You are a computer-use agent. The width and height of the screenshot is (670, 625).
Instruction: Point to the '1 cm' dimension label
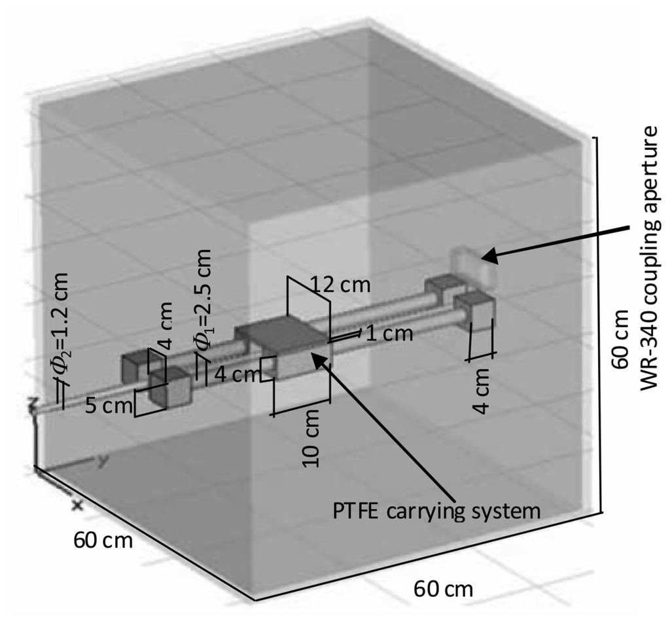pyautogui.click(x=389, y=333)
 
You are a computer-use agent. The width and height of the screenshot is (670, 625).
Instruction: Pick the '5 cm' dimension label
pyautogui.click(x=109, y=405)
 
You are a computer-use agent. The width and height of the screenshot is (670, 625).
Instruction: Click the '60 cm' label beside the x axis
pyautogui.click(x=103, y=541)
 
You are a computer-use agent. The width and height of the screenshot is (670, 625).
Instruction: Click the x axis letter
pyautogui.click(x=77, y=505)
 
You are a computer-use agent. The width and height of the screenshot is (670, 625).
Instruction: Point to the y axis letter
pyautogui.click(x=103, y=461)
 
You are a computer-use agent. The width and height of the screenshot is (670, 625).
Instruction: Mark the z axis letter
pyautogui.click(x=31, y=407)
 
